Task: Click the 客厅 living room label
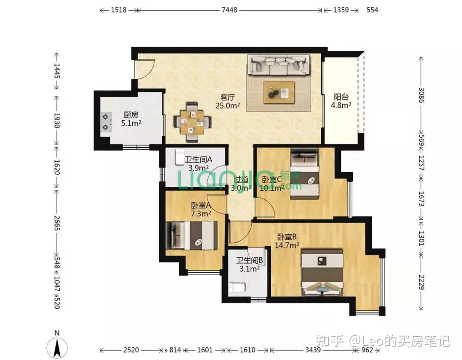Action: [228, 97]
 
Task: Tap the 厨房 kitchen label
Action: [131, 115]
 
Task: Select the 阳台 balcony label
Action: [341, 97]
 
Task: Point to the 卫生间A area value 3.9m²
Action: [198, 168]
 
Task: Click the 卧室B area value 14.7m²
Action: [287, 245]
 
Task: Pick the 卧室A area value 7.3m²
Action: [201, 213]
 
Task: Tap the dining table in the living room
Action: [192, 122]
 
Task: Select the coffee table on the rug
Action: [279, 92]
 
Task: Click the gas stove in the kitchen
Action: [106, 122]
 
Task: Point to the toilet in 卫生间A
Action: [179, 157]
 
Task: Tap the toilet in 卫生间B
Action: [237, 287]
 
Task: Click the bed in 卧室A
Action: [192, 236]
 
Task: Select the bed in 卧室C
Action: [305, 174]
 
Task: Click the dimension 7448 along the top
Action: [229, 10]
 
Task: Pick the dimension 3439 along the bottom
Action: [313, 350]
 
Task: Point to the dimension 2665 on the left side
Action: [56, 223]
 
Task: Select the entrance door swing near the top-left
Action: [145, 69]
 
